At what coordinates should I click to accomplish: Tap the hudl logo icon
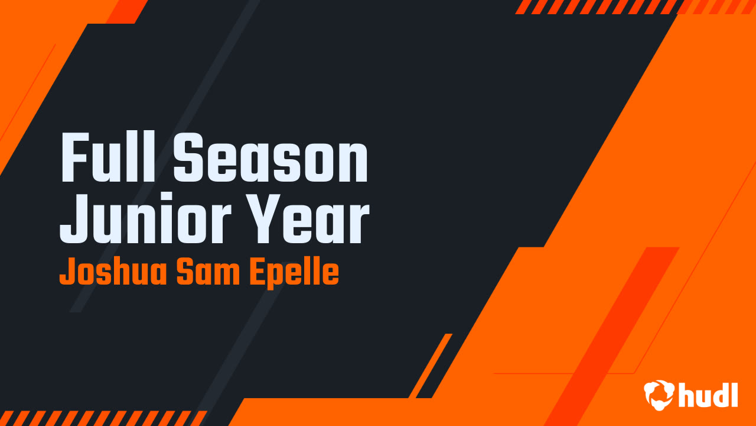pyautogui.click(x=659, y=395)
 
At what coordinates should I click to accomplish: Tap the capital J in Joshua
pyautogui.click(x=66, y=273)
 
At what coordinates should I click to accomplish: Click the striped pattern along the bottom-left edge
pyautogui.click(x=100, y=418)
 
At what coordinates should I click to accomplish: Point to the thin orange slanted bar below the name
pyautogui.click(x=430, y=366)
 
